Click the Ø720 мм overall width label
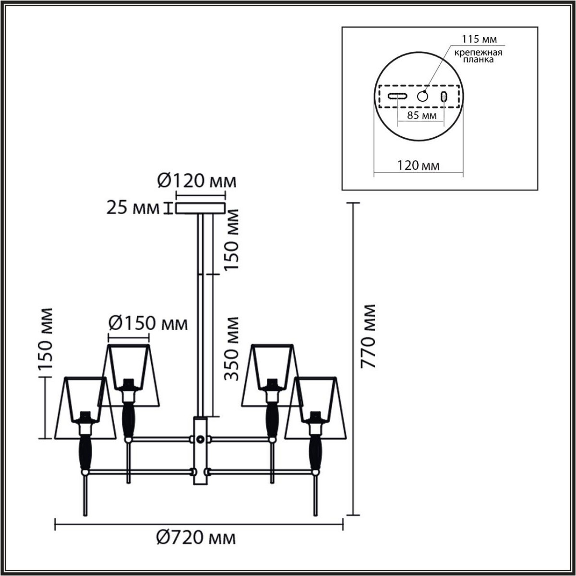coord(196,538)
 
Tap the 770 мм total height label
coord(368,336)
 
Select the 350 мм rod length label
coord(232,348)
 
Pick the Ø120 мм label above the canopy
coord(197,182)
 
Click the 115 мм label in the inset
coord(479,39)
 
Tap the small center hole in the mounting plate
coord(422,96)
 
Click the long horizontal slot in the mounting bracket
coord(398,96)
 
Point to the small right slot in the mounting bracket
coord(444,96)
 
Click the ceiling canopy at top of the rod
coord(200,208)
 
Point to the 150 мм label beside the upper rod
coord(232,240)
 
